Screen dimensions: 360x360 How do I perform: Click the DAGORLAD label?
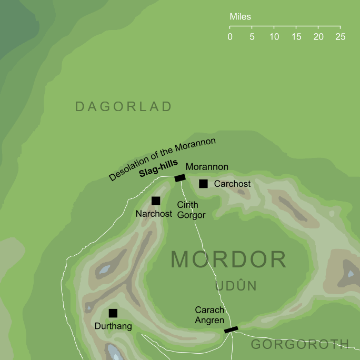(x=123, y=107)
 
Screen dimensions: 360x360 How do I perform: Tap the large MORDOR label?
(x=228, y=260)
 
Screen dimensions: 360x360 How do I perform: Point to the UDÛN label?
(x=235, y=286)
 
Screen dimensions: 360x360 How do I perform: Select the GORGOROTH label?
(x=299, y=344)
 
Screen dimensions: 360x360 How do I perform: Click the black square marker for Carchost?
(x=203, y=184)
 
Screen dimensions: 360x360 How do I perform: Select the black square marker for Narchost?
(x=156, y=201)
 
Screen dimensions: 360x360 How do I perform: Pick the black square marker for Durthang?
(x=113, y=313)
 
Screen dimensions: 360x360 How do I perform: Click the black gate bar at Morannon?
(x=180, y=178)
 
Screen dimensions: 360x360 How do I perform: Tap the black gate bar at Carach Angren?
(x=231, y=329)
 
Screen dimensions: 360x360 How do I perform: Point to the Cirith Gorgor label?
(x=188, y=209)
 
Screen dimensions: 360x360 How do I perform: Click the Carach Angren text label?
(x=209, y=315)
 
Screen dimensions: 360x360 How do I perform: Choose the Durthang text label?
(x=113, y=327)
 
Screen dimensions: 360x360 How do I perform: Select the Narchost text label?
(x=154, y=214)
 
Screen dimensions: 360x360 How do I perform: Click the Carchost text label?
(x=233, y=184)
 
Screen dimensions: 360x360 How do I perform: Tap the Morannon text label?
(x=207, y=167)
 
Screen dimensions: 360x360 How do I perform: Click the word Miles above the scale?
(x=241, y=17)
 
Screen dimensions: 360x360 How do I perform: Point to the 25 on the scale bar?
(x=340, y=37)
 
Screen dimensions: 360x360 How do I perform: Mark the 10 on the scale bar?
(x=274, y=37)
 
